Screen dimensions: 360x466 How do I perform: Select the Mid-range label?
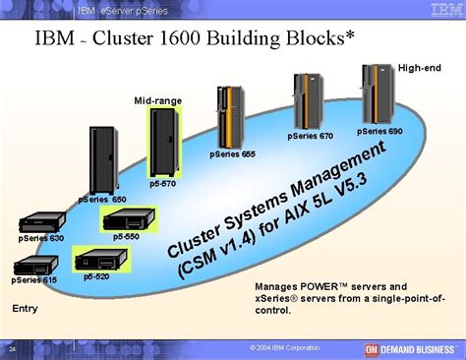click(x=157, y=101)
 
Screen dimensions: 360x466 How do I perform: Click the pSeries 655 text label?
click(x=232, y=154)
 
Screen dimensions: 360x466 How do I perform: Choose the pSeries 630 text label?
click(x=40, y=238)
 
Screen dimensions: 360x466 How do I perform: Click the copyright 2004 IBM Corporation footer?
click(x=284, y=348)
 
